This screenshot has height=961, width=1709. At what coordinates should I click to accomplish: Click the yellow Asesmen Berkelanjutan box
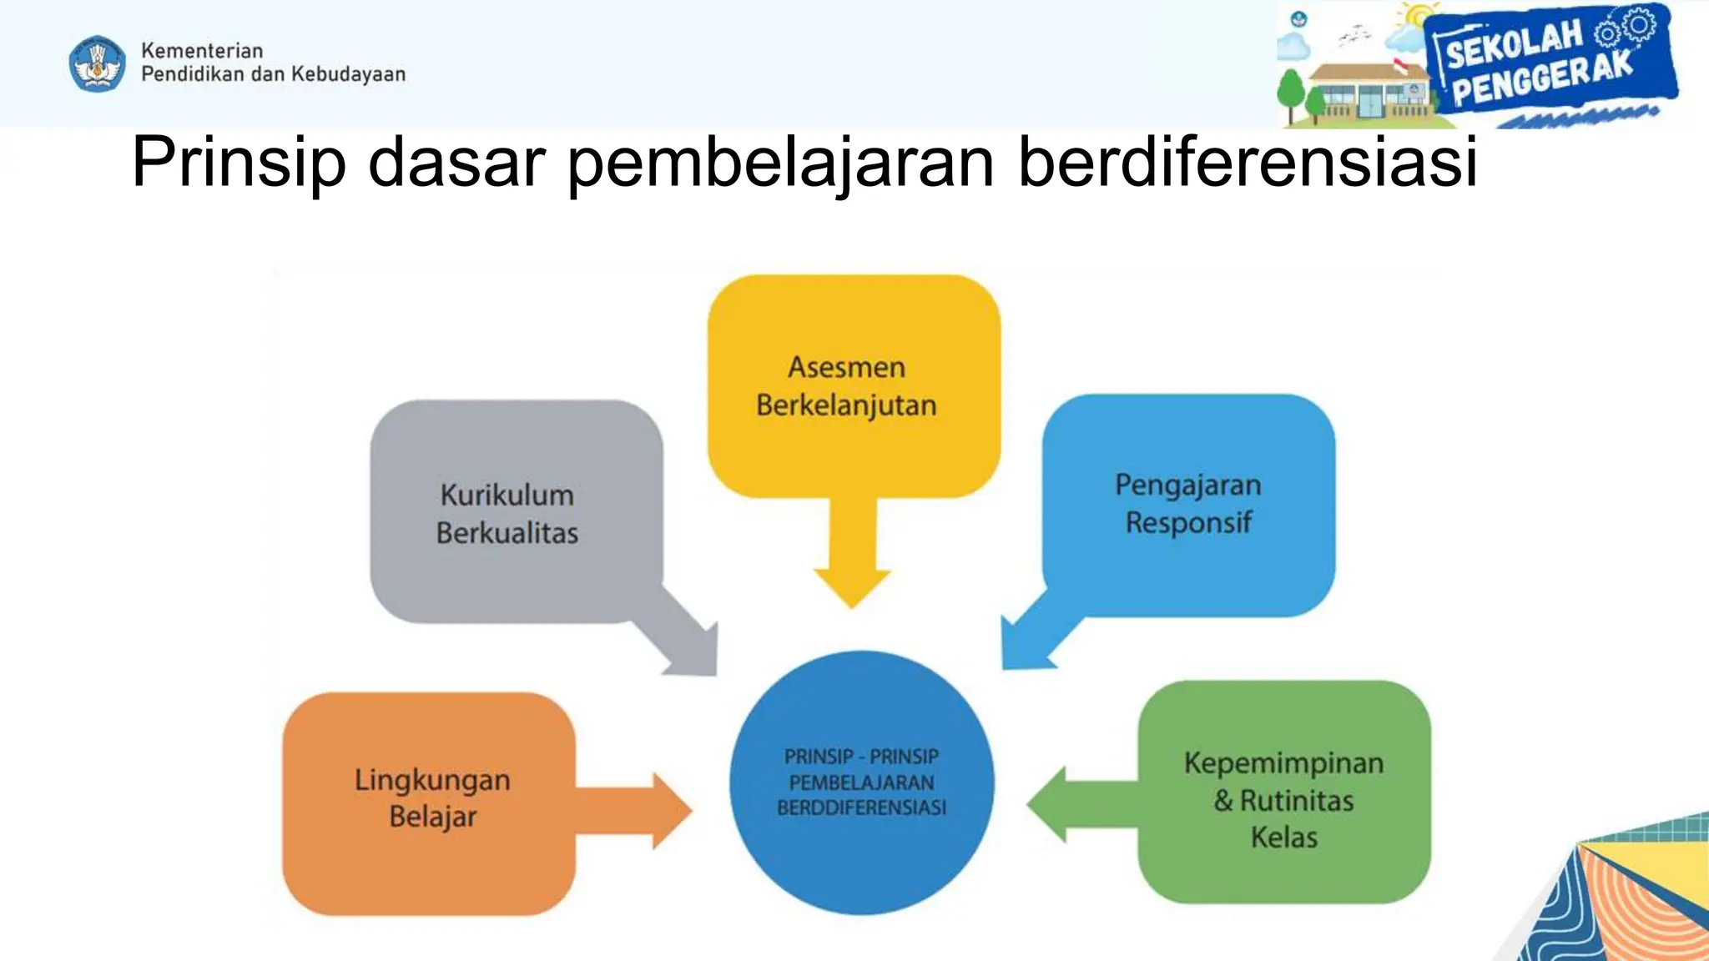point(853,385)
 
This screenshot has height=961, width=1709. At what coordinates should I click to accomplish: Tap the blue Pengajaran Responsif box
point(1188,504)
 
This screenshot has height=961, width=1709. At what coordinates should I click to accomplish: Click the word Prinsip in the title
point(239,162)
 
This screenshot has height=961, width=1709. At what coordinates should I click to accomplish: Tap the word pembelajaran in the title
point(781,162)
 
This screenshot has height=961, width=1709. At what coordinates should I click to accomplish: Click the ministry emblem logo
point(98,63)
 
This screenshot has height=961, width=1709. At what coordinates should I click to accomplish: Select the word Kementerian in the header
point(202,51)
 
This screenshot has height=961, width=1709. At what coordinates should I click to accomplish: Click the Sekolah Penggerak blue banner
point(1549,63)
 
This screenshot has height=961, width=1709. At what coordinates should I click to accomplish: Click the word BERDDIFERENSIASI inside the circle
point(861,808)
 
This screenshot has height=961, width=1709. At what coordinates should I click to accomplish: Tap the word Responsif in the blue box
point(1188,523)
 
